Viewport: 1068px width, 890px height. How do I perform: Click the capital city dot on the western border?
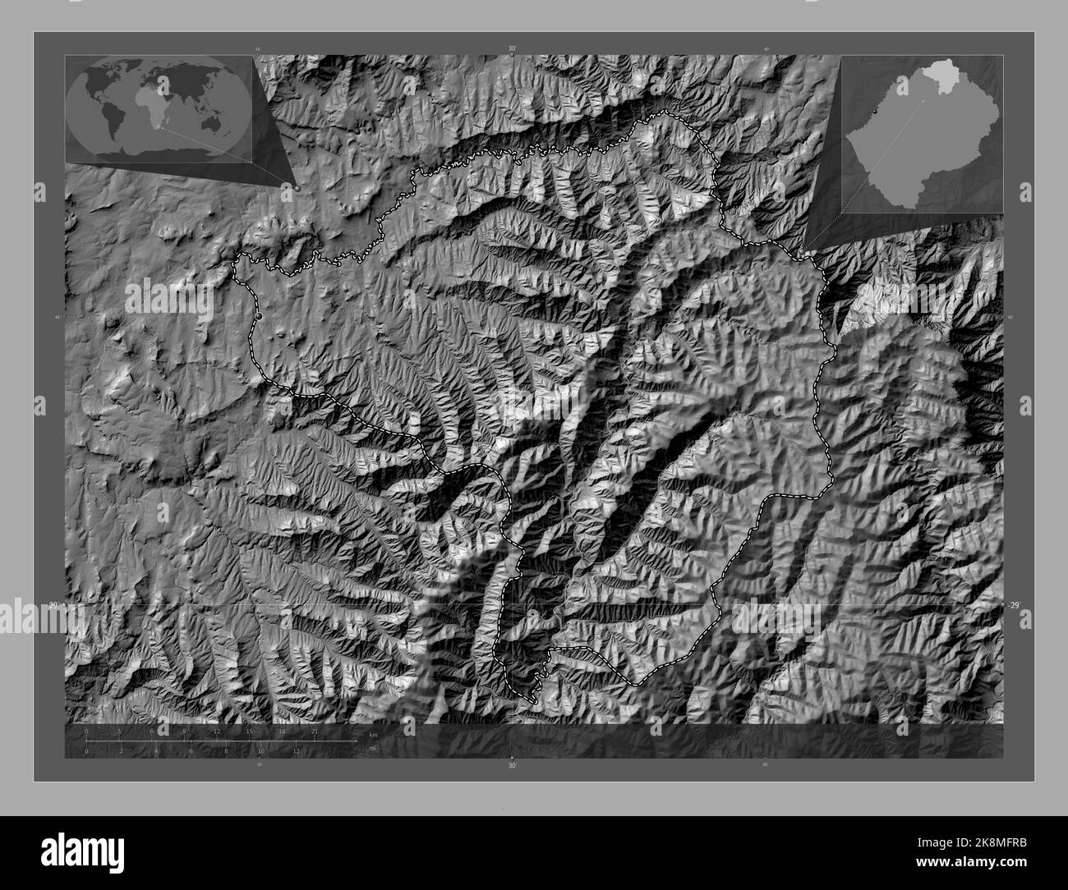(258, 315)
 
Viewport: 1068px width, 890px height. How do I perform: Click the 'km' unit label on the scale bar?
(373, 733)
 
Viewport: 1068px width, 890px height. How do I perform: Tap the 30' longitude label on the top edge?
(512, 49)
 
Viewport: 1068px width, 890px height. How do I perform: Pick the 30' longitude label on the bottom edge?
(512, 765)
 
